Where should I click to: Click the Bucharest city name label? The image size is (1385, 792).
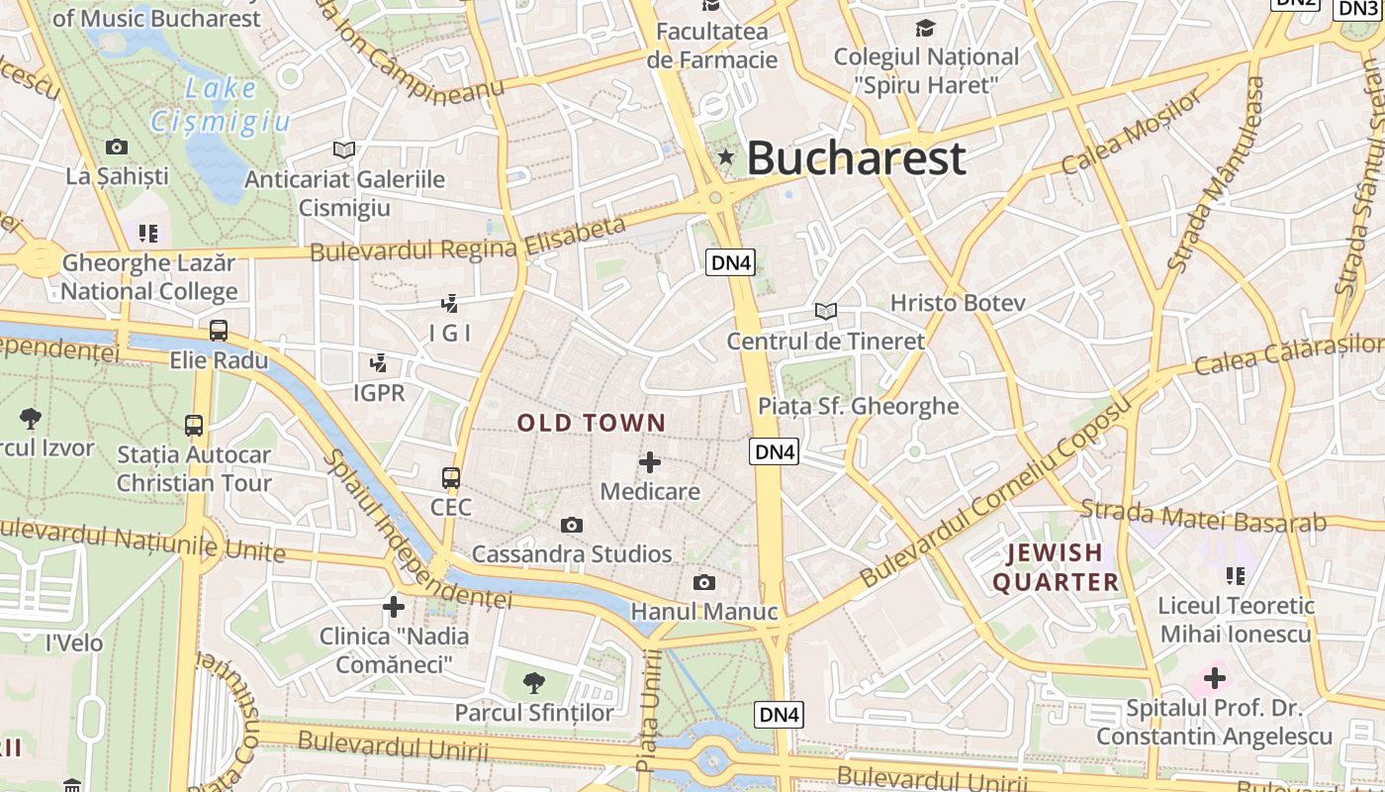(856, 158)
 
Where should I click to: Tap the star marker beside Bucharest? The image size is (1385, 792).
(726, 156)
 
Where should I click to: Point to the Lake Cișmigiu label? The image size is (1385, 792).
(221, 104)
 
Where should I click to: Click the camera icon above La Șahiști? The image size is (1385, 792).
(117, 148)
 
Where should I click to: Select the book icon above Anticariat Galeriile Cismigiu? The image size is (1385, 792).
(343, 149)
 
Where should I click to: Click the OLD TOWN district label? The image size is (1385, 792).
(592, 424)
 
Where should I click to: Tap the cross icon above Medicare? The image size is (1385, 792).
(650, 462)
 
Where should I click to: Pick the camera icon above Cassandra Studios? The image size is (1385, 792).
(572, 525)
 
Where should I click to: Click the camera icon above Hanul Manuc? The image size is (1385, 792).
(703, 582)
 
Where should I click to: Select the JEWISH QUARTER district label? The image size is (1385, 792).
(1056, 567)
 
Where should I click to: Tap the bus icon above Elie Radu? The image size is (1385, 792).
(218, 331)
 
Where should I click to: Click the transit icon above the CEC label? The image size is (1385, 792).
(451, 478)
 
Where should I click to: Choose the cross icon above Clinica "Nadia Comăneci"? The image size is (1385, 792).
(394, 606)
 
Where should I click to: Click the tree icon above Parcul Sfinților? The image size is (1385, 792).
(534, 682)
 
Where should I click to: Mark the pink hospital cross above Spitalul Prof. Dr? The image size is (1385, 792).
(1215, 679)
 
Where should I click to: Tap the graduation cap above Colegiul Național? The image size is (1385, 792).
(925, 28)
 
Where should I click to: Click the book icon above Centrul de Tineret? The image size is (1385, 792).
(826, 311)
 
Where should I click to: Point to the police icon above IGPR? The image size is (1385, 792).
(378, 363)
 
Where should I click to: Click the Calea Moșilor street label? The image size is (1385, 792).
(1132, 131)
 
